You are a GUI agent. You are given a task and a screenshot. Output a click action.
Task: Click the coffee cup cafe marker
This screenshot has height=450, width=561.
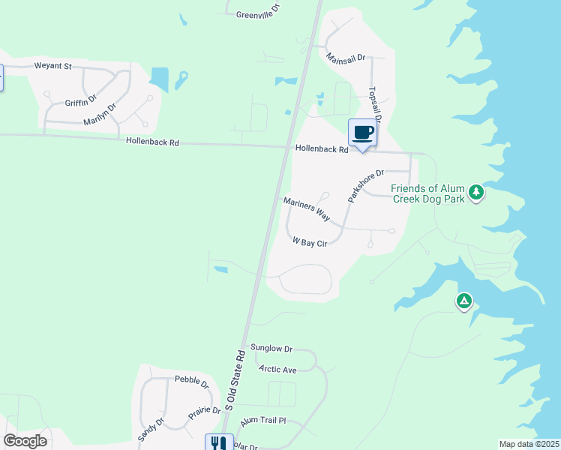pyautogui.click(x=363, y=133)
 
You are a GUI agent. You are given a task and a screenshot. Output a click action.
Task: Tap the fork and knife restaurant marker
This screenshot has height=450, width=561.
pyautogui.click(x=218, y=443)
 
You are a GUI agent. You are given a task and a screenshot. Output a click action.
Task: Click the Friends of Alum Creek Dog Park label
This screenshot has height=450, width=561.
pyautogui.click(x=427, y=193)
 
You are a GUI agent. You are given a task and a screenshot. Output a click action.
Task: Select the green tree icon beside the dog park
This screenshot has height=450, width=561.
pyautogui.click(x=475, y=193)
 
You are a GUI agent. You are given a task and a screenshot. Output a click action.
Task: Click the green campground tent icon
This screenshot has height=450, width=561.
pyautogui.click(x=464, y=302)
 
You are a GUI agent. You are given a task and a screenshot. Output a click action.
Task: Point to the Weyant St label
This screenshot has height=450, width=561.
pyautogui.click(x=52, y=66)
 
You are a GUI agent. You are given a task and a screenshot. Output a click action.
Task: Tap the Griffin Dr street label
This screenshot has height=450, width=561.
pyautogui.click(x=81, y=100)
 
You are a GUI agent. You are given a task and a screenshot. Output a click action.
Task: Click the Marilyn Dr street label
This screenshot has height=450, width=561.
pyautogui.click(x=100, y=115)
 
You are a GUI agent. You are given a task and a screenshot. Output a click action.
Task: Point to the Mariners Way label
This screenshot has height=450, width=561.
pyautogui.click(x=307, y=208)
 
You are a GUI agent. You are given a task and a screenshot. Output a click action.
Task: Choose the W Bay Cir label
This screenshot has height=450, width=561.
pyautogui.click(x=310, y=242)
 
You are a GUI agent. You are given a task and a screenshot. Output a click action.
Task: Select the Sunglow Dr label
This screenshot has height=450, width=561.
pyautogui.click(x=271, y=349)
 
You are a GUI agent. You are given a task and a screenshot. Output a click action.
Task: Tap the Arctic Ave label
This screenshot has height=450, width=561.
pyautogui.click(x=277, y=369)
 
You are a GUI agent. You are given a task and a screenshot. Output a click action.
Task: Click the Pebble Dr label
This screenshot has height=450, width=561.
pyautogui.click(x=191, y=382)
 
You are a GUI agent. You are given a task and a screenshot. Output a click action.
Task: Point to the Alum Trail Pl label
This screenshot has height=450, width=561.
pyautogui.click(x=263, y=421)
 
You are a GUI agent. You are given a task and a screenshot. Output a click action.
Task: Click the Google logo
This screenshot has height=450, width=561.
pyautogui.click(x=25, y=440)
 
